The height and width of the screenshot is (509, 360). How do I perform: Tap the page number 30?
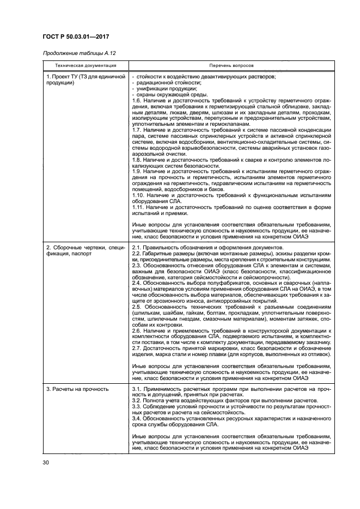point(45,463)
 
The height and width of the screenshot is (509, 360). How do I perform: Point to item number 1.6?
point(138,101)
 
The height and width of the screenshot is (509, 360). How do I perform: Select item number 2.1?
point(138,248)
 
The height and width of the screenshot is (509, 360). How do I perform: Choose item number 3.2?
point(138,400)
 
